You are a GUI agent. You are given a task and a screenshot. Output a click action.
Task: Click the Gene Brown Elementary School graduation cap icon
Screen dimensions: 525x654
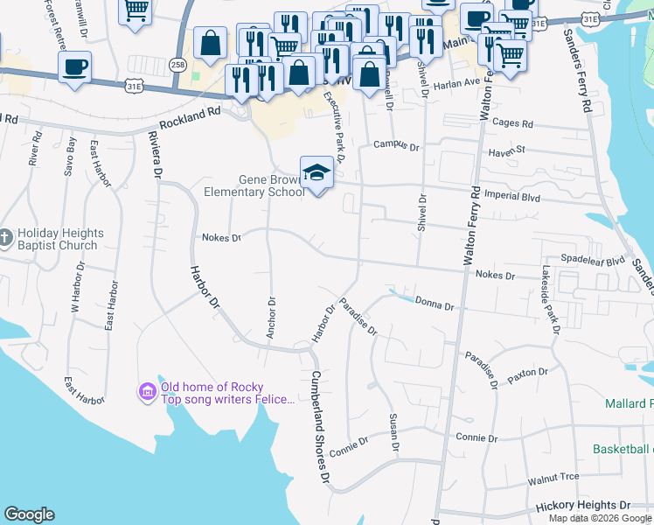(x=317, y=173)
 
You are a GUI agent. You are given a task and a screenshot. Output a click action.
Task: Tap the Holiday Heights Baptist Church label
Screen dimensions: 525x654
(x=60, y=240)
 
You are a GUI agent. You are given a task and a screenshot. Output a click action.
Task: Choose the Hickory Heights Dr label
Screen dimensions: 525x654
(x=582, y=506)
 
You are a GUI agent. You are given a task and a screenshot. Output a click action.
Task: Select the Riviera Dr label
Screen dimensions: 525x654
(x=156, y=156)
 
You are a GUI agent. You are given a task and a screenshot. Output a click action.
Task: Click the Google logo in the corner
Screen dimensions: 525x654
(x=29, y=514)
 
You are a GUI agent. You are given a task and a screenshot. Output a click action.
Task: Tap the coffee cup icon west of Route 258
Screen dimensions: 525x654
(x=75, y=66)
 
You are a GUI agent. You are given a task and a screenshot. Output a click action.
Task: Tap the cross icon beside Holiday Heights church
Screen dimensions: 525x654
(x=6, y=238)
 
